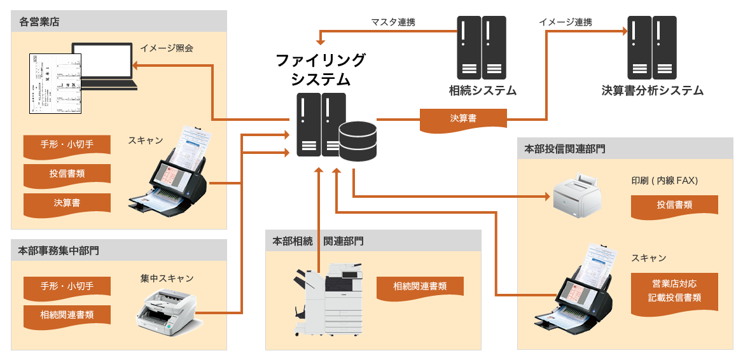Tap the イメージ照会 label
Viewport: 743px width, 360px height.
167,48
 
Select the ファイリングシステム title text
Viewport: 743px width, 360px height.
321,70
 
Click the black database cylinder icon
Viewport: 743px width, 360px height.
358,141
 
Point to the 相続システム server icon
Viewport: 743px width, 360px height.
482,48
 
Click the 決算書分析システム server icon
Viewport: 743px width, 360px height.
652,48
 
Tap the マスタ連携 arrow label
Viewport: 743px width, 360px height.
393,22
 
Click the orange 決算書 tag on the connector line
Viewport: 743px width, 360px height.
463,118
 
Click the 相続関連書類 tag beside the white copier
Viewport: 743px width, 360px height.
420,287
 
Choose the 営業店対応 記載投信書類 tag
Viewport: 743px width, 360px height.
674,291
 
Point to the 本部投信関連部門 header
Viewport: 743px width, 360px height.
565,149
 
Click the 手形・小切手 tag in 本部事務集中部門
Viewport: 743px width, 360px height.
67,287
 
